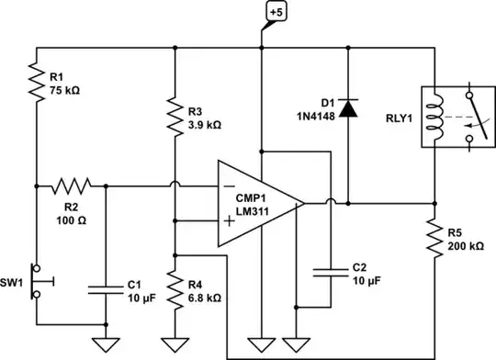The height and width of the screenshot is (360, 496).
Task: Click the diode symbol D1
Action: [347, 108]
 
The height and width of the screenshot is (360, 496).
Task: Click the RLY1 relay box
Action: [451, 117]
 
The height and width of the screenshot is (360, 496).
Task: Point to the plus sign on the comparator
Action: [227, 220]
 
